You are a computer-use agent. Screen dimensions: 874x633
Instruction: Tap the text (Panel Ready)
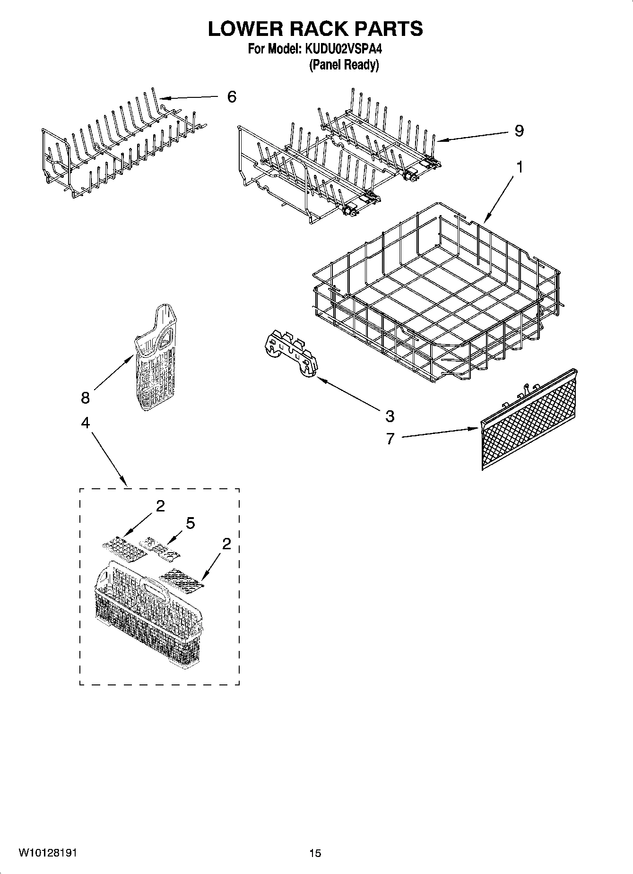(x=344, y=65)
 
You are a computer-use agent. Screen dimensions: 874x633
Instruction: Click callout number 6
(x=231, y=97)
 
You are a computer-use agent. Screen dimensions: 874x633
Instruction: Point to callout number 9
(x=519, y=130)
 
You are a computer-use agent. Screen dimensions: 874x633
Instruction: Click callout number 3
(x=390, y=416)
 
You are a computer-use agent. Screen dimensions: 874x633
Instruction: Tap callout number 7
(x=390, y=439)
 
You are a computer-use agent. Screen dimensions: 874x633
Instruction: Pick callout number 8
(x=85, y=398)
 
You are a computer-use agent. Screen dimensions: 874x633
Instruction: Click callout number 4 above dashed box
(x=85, y=423)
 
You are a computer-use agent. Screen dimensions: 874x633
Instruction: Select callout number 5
(x=190, y=523)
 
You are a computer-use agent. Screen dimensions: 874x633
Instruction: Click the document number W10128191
(x=48, y=852)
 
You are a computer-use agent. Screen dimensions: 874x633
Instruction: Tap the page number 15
(x=315, y=853)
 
